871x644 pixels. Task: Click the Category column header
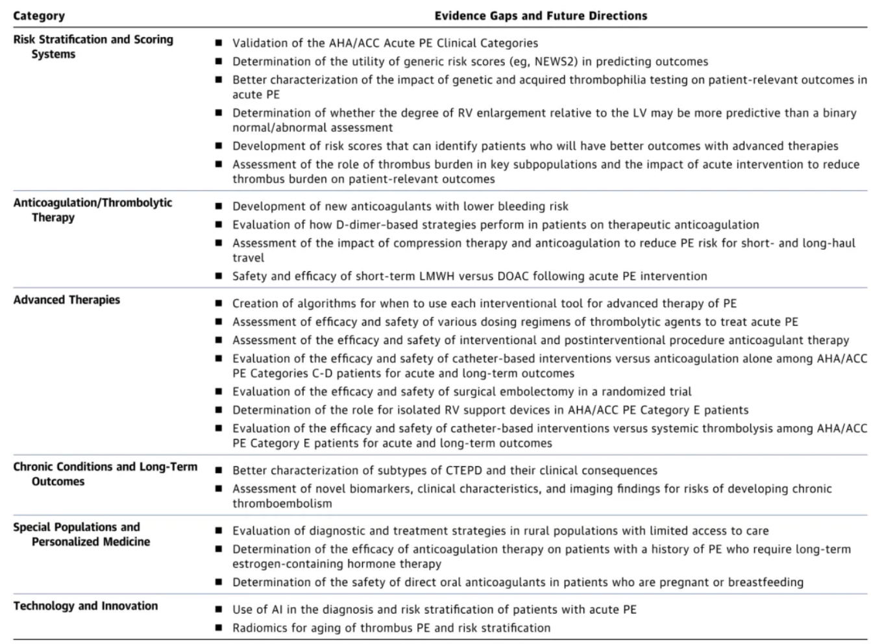tap(39, 16)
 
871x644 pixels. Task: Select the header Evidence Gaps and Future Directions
tap(541, 16)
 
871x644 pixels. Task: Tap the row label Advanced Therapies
tap(67, 300)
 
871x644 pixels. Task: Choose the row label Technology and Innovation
tap(86, 606)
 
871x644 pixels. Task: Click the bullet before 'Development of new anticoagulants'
tap(219, 206)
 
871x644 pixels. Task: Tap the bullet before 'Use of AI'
tap(219, 610)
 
